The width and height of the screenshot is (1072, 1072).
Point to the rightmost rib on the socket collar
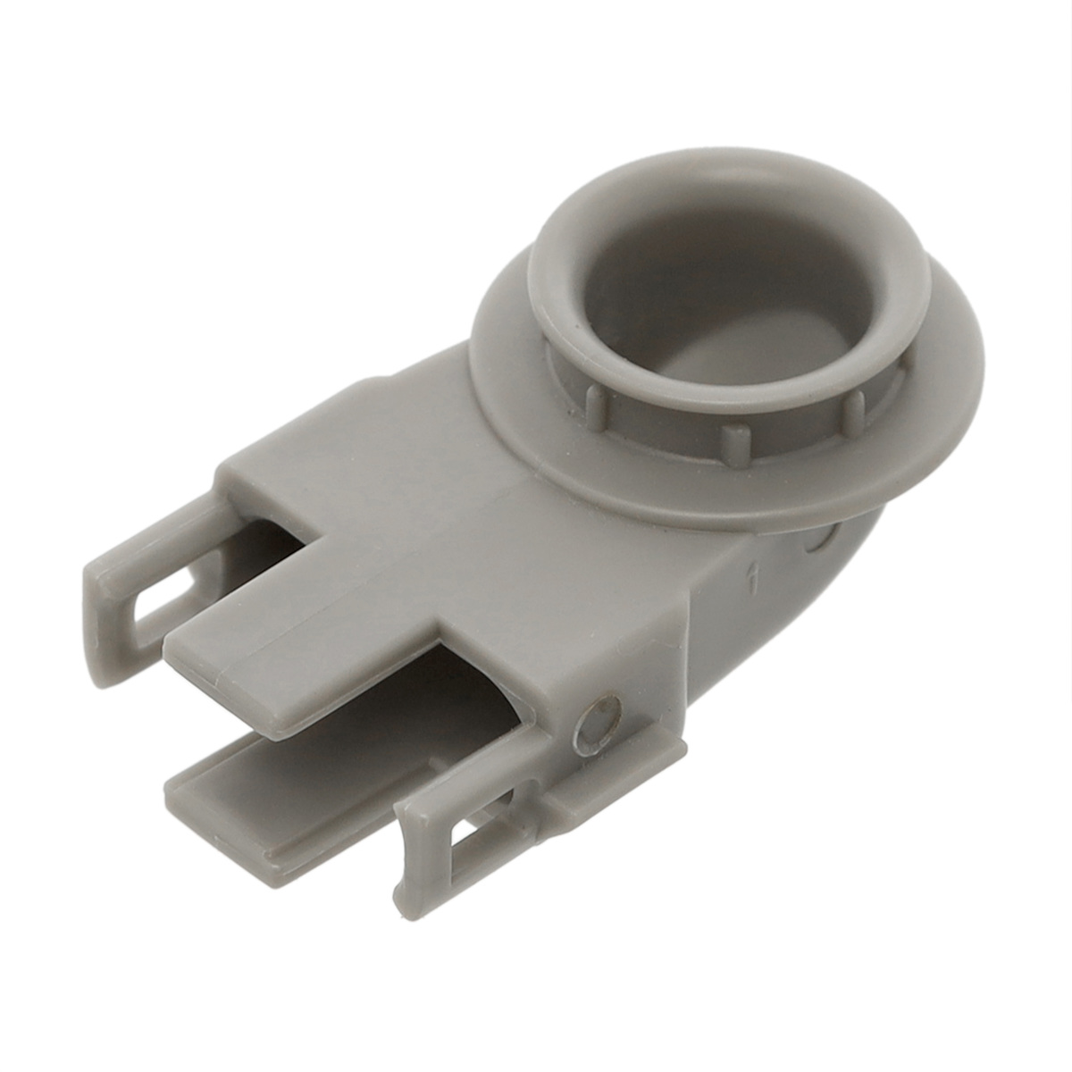(855, 410)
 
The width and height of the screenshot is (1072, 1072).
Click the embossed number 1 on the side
(755, 580)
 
